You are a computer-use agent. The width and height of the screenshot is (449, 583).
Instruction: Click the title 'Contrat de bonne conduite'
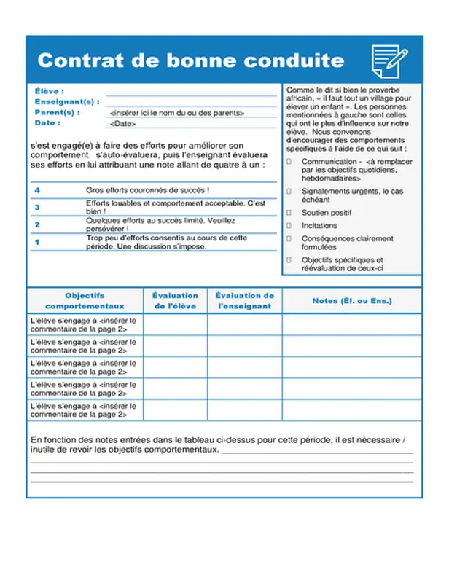pos(191,60)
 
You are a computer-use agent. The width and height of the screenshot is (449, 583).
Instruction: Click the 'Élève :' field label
pos(50,91)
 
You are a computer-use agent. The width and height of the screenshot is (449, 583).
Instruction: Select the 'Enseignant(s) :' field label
pos(66,102)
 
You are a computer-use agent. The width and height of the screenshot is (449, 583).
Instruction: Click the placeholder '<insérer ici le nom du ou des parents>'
pos(176,113)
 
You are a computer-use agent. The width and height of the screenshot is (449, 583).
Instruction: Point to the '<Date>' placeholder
pos(122,124)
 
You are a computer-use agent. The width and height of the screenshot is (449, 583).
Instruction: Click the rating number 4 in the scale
pos(37,190)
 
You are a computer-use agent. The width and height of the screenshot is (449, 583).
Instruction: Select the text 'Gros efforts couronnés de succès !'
pos(148,190)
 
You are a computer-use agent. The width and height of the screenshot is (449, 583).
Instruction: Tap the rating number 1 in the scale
pos(37,242)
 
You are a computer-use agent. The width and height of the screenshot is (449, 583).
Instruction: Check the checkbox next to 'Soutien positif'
pos(289,213)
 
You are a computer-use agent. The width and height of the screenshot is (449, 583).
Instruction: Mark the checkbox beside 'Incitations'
pos(289,226)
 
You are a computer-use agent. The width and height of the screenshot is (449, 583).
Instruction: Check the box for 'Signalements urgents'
pos(289,191)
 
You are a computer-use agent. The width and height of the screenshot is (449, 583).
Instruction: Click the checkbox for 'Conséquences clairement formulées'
pos(289,238)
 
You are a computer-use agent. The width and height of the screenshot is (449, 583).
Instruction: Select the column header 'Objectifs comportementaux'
pos(85,300)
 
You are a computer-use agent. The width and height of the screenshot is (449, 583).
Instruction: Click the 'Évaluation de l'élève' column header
pos(175,300)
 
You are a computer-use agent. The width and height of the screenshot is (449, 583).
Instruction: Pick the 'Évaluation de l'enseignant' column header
pos(245,300)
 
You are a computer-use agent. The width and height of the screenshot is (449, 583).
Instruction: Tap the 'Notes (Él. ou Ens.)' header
pos(352,301)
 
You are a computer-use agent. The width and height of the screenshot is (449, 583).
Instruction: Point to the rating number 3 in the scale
pos(37,207)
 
